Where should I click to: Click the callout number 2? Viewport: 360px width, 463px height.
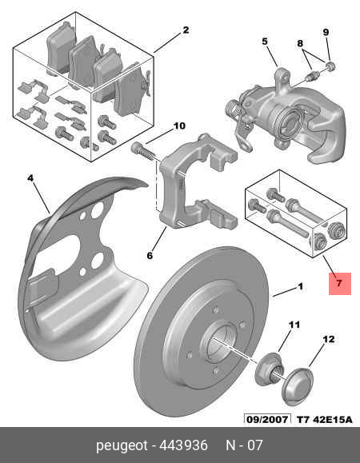(x=186, y=30)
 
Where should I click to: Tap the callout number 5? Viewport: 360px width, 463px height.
(x=265, y=42)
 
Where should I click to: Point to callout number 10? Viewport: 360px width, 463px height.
(x=179, y=126)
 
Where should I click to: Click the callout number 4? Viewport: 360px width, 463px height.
(x=30, y=178)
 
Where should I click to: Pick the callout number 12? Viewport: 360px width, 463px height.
(x=329, y=339)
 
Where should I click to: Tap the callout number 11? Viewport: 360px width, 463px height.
(x=294, y=325)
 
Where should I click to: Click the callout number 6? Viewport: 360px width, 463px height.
(x=150, y=255)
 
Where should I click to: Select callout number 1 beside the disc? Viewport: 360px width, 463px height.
(x=300, y=286)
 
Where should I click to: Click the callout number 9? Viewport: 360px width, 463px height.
(x=326, y=32)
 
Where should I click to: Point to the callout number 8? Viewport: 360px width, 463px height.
(x=300, y=43)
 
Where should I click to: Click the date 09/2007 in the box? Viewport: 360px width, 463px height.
(x=267, y=419)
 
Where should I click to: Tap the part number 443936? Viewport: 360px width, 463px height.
(x=183, y=445)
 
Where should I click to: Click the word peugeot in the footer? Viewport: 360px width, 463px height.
(x=122, y=445)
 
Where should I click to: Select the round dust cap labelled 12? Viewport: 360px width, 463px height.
(x=298, y=386)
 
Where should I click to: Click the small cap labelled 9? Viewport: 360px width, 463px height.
(x=330, y=66)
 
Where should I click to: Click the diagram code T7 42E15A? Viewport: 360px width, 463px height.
(x=325, y=419)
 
